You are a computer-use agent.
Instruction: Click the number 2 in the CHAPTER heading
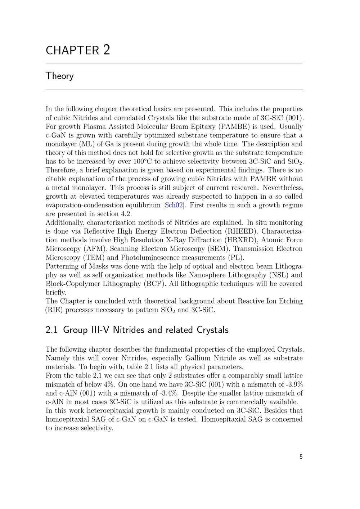pyautogui.click(x=106, y=50)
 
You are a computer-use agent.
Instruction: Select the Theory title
pyautogui.click(x=60, y=76)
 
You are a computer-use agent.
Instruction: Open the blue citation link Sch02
pyautogui.click(x=174, y=205)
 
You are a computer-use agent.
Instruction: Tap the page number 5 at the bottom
pyautogui.click(x=301, y=457)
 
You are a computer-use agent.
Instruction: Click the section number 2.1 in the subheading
pyautogui.click(x=51, y=330)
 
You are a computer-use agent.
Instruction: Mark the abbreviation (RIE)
pyautogui.click(x=54, y=310)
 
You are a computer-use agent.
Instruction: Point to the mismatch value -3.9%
pyautogui.click(x=293, y=384)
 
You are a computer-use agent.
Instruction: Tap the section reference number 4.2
pyautogui.click(x=126, y=214)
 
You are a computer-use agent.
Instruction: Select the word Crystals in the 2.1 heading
pyautogui.click(x=212, y=330)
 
